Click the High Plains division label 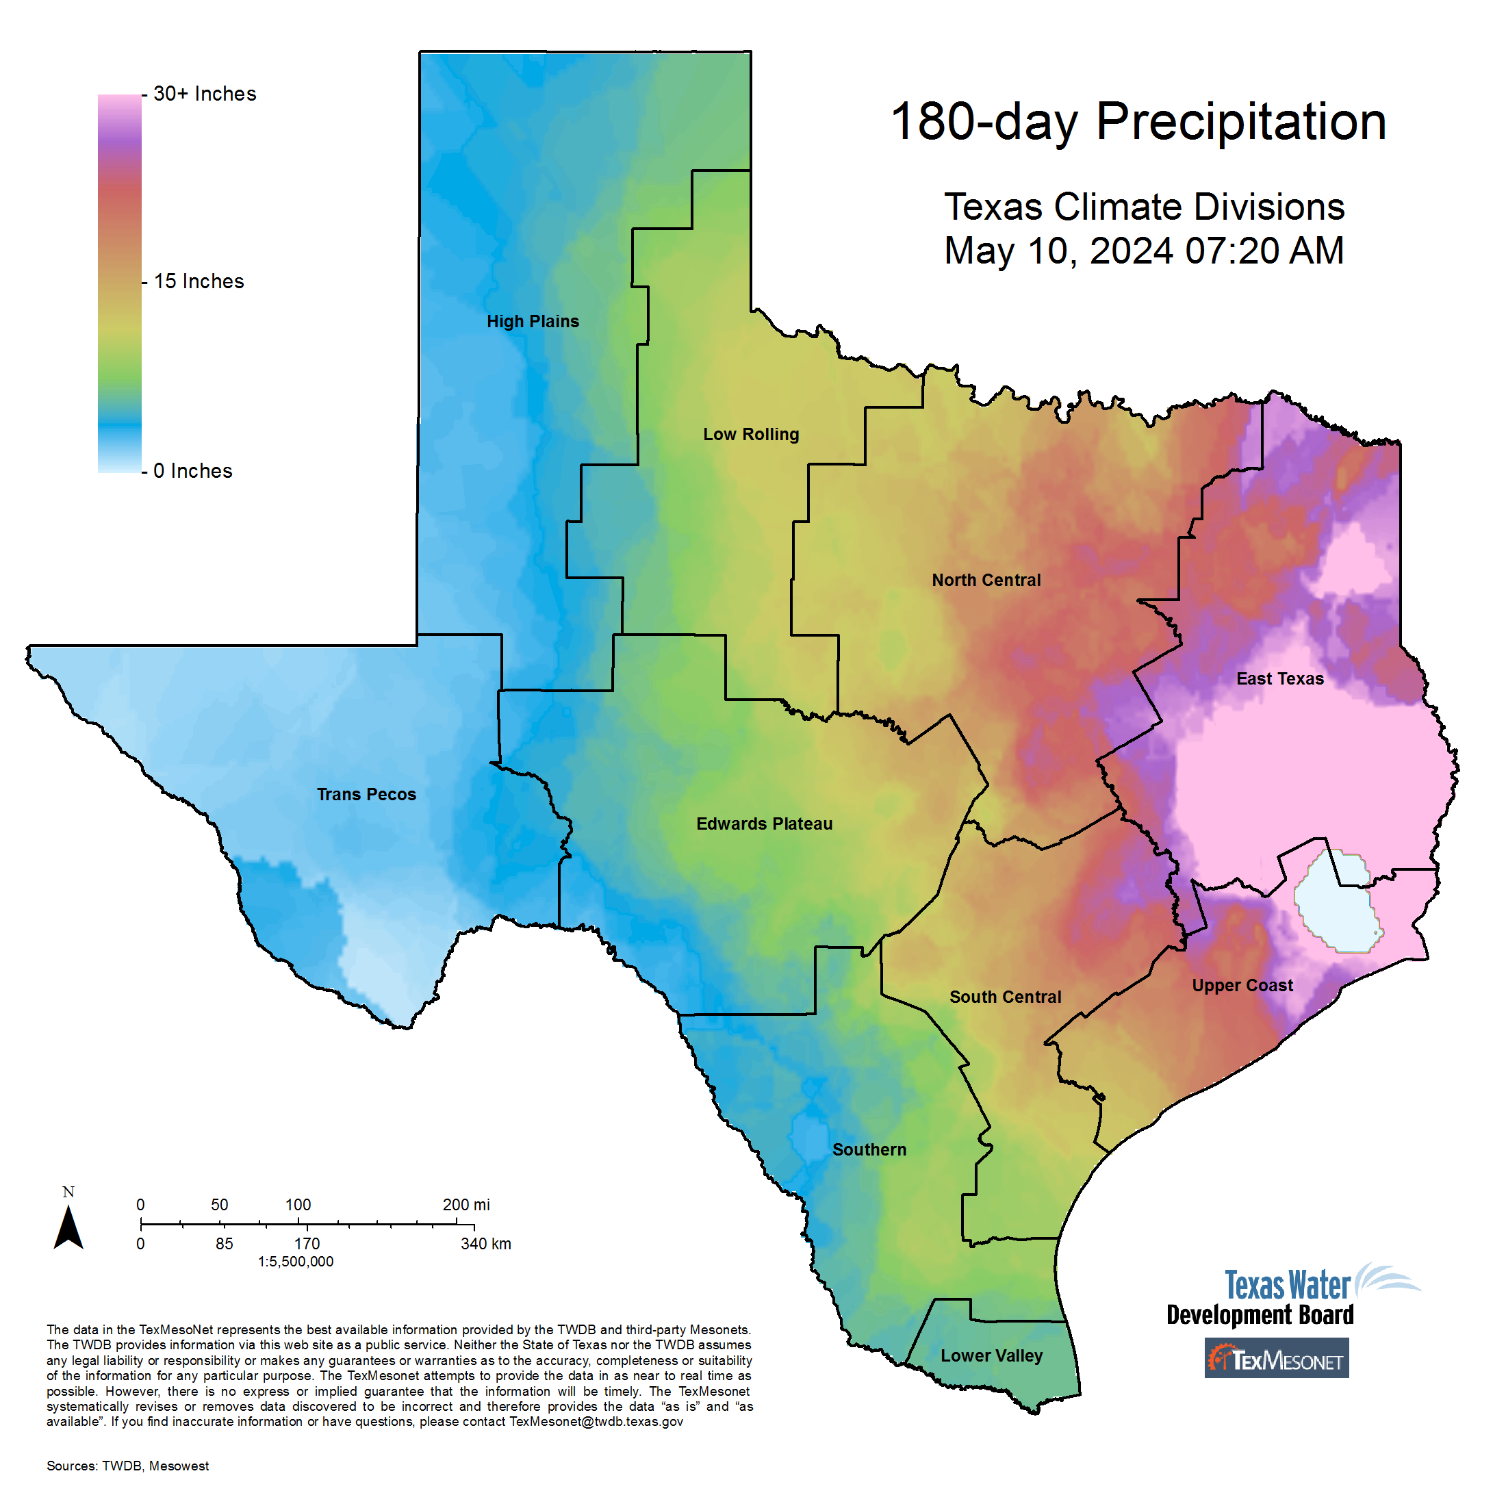tap(533, 321)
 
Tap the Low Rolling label tap(751, 434)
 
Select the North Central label tap(986, 580)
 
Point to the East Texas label tap(1280, 679)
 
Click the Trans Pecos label tap(366, 794)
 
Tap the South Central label tap(1005, 997)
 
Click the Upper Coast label tap(1242, 985)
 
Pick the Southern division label tap(869, 1150)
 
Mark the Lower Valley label tap(991, 1355)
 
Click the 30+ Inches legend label tap(204, 94)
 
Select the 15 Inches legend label tap(199, 281)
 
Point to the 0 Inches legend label tap(192, 471)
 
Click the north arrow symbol tap(68, 1226)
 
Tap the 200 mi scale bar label tap(466, 1204)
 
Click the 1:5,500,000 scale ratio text tap(296, 1261)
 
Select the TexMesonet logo tap(1276, 1358)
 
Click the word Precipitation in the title tap(1241, 123)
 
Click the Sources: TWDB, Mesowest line tap(128, 1466)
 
